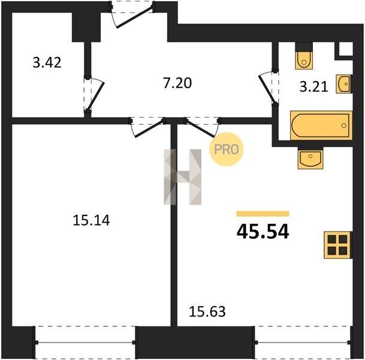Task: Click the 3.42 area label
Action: [x=47, y=62]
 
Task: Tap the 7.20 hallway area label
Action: [x=177, y=83]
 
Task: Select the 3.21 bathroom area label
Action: [x=314, y=86]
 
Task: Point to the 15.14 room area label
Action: [x=91, y=220]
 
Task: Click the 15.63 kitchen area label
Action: [x=207, y=312]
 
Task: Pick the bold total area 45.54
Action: [x=263, y=232]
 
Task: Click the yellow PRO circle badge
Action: [x=227, y=149]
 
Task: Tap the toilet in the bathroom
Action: [x=304, y=60]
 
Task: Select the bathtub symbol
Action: [x=321, y=125]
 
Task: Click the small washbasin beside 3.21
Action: [x=344, y=84]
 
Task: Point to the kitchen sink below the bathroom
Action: [x=310, y=160]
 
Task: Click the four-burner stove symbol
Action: [x=337, y=245]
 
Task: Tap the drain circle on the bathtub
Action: [x=344, y=125]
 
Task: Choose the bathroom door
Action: [x=269, y=88]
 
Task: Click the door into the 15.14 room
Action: [x=147, y=128]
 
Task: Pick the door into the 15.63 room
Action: [x=202, y=127]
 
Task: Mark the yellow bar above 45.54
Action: [x=263, y=214]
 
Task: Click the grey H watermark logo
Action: [x=182, y=177]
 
